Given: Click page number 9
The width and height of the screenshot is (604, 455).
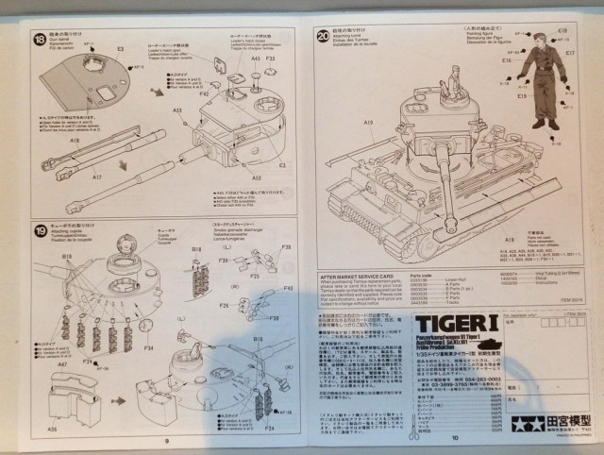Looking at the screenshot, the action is pyautogui.click(x=165, y=440).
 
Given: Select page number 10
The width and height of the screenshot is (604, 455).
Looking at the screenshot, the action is pyautogui.click(x=454, y=437).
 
